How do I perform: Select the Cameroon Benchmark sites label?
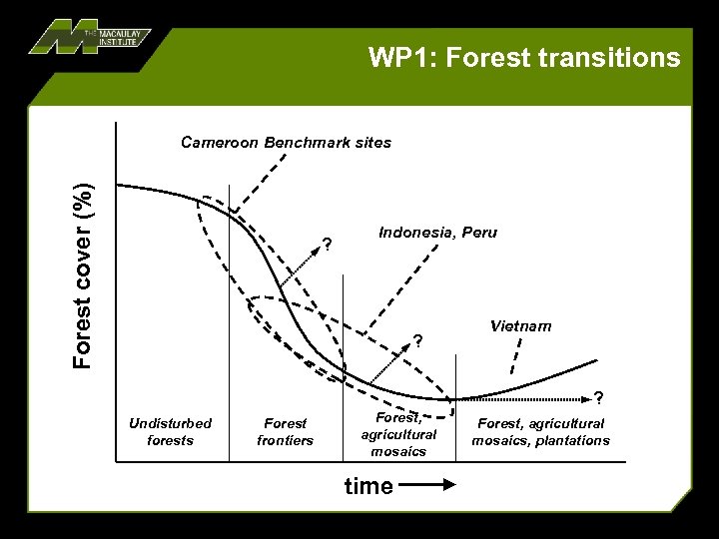coord(286,142)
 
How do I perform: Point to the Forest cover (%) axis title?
coord(85,273)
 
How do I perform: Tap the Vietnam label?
coord(520,326)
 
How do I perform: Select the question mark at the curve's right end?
coord(598,396)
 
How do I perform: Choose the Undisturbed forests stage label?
coord(170,432)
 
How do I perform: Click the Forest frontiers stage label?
coord(285,432)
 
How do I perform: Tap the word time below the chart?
coord(368,486)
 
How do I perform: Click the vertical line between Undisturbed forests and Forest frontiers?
coord(231,319)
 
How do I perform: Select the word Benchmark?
coord(309,142)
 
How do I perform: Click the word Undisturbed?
coord(170,424)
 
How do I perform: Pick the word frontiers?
coord(285,440)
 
